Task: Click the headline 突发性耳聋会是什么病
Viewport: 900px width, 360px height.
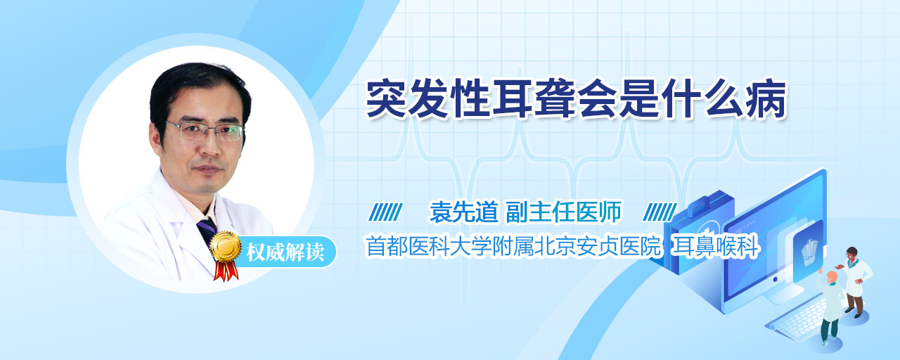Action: point(576,100)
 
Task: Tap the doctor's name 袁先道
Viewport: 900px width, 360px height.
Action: point(464,212)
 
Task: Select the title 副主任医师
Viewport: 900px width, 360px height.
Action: point(564,212)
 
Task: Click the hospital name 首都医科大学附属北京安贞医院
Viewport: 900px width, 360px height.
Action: point(513,246)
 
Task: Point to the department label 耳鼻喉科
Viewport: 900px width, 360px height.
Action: point(715,246)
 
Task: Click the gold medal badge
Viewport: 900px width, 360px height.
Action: point(226,246)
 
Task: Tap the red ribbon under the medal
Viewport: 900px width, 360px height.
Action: point(226,271)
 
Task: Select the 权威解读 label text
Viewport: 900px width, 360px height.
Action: point(285,252)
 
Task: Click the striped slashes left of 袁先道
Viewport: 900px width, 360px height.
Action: point(386,212)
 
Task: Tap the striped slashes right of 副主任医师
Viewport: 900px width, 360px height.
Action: point(660,212)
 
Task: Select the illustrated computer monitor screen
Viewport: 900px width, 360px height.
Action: point(776,238)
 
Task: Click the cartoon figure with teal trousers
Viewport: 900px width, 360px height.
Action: point(830,309)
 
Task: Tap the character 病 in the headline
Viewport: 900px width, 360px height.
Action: point(766,100)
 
